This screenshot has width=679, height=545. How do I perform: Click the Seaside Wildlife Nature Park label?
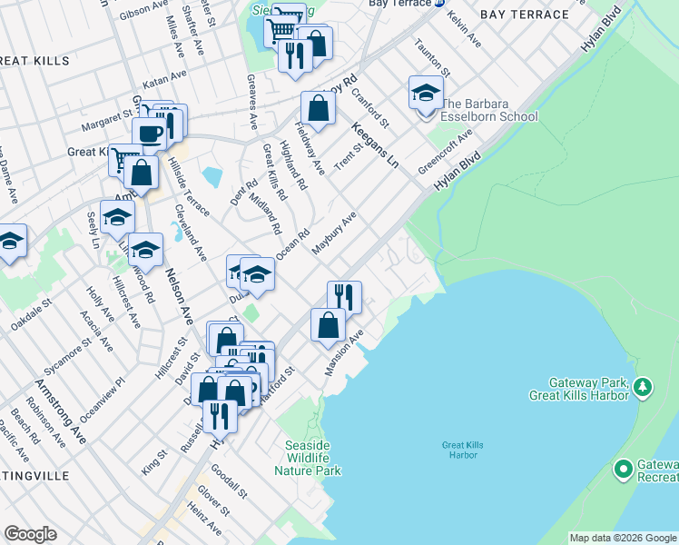click(x=312, y=458)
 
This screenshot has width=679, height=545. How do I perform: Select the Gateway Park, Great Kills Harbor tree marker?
click(x=643, y=388)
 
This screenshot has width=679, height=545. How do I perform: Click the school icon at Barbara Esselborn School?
click(x=426, y=94)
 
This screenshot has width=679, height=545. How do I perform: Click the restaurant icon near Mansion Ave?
click(x=344, y=296)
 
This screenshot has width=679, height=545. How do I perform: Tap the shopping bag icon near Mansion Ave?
click(x=328, y=325)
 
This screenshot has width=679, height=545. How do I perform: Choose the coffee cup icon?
click(x=150, y=134)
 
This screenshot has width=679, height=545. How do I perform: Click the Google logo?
click(x=30, y=534)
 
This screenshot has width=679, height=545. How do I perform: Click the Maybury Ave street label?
click(x=334, y=233)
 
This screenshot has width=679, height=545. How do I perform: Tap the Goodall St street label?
click(x=228, y=481)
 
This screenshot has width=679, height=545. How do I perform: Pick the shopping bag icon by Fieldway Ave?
click(x=319, y=109)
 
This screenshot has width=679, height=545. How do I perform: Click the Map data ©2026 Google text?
click(x=623, y=538)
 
